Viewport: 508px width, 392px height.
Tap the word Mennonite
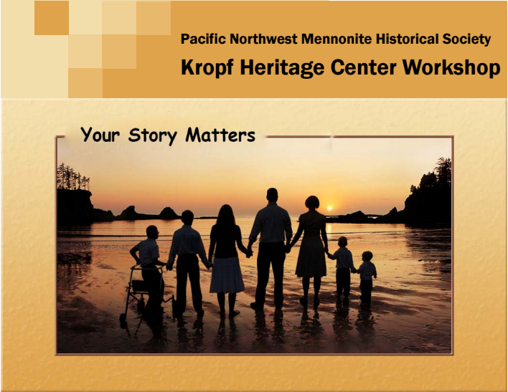(337, 39)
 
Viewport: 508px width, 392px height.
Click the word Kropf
(207, 68)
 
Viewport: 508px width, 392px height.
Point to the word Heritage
(282, 68)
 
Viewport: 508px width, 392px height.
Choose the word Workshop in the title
(451, 68)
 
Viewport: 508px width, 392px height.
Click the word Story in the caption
(153, 135)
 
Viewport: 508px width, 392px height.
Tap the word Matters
(220, 135)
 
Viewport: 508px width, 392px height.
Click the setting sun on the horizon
(329, 208)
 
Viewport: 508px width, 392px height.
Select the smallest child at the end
(367, 276)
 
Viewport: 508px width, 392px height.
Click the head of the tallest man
(272, 195)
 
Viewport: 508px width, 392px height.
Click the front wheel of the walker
(123, 320)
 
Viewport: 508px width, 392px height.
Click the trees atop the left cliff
(72, 178)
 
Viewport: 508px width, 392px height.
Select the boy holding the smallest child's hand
(344, 267)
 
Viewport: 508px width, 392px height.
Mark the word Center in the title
(363, 68)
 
